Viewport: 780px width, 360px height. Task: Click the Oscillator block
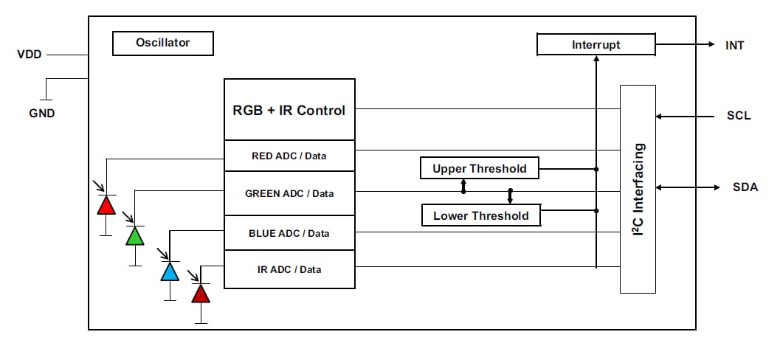coord(162,44)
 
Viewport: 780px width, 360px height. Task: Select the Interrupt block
coord(596,45)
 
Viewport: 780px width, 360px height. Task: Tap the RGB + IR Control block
coord(289,110)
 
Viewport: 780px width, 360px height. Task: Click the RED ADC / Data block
coord(289,156)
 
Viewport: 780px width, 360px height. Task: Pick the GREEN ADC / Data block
coord(289,193)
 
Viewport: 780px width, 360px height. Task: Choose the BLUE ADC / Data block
coord(289,233)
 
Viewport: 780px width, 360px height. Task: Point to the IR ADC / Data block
coord(289,269)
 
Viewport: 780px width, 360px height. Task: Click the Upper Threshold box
coord(479,168)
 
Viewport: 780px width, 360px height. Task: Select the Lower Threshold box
coord(480,215)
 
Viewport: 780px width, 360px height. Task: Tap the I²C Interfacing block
coord(638,189)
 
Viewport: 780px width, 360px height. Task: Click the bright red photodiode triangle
coord(106,205)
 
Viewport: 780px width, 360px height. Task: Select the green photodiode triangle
coord(135,236)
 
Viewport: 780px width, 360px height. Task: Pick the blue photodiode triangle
coord(170,272)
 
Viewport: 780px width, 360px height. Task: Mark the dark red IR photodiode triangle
coord(201,294)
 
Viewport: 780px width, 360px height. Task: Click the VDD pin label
coord(30,55)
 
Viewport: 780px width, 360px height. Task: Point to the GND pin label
coord(41,114)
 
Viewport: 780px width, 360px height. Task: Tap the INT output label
coord(734,45)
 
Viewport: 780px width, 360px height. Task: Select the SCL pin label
coord(738,116)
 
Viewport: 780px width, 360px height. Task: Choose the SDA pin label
coord(745,187)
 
